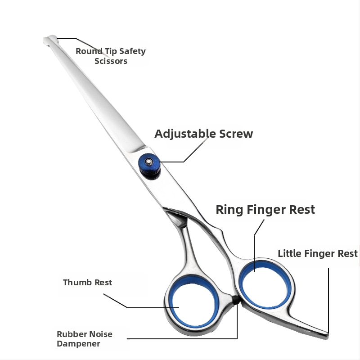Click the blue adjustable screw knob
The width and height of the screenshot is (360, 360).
[148, 166]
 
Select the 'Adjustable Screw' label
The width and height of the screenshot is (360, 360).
[203, 134]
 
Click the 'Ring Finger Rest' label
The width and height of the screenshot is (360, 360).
[265, 209]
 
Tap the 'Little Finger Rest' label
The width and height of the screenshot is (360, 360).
[317, 253]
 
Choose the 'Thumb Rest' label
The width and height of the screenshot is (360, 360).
[87, 283]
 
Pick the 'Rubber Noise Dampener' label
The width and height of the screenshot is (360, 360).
[84, 339]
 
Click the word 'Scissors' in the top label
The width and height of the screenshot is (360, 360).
[111, 61]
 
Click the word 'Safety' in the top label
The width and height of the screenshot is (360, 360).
[132, 51]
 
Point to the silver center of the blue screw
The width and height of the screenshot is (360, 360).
[147, 160]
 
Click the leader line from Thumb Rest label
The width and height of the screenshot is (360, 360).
[135, 307]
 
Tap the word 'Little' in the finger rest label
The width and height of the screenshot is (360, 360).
[289, 253]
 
